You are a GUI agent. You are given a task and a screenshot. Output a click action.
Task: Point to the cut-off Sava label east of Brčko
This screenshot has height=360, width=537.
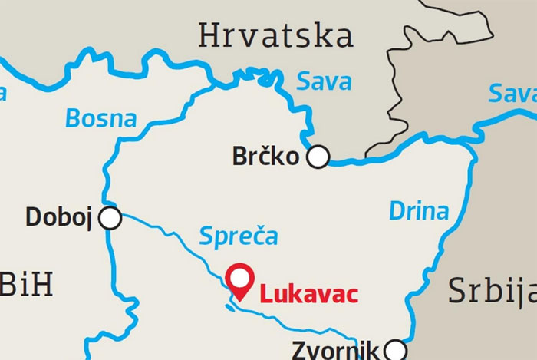[x=512, y=96]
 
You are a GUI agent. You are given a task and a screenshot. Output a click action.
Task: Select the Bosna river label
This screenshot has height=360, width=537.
[x=100, y=119]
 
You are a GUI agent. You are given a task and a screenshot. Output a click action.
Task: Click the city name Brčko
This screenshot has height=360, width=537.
[x=264, y=158]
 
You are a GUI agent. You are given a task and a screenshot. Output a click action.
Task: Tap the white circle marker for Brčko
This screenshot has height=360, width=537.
[x=318, y=157]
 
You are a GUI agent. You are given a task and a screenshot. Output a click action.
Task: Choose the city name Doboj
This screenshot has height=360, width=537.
[x=58, y=218]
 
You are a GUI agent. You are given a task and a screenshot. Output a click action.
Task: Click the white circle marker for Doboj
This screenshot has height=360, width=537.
[x=110, y=218]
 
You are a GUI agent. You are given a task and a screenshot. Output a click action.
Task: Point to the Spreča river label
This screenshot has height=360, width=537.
[x=238, y=236]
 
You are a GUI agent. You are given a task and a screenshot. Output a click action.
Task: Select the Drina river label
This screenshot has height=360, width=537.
[x=418, y=210]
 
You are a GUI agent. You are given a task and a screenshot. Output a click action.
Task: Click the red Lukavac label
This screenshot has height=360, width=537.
[x=308, y=293]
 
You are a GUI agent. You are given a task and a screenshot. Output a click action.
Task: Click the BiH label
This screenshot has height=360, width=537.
[x=26, y=285]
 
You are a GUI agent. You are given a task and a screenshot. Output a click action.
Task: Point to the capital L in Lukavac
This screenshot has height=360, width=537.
[x=265, y=293]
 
